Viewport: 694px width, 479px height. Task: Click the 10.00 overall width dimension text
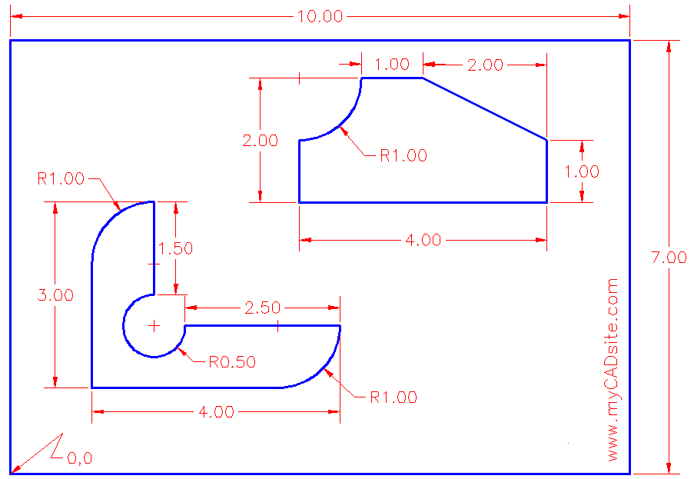[319, 16]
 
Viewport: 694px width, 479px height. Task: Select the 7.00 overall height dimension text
[669, 258]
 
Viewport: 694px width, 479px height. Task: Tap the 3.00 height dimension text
[55, 295]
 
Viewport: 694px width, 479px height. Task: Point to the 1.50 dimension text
[175, 248]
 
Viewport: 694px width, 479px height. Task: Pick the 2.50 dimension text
[262, 308]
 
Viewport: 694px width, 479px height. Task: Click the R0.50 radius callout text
[231, 361]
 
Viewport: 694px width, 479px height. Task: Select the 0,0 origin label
[79, 459]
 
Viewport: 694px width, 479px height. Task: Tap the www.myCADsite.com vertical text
[613, 369]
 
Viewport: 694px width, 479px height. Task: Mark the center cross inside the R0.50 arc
[154, 326]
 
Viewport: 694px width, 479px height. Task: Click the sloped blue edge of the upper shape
[484, 108]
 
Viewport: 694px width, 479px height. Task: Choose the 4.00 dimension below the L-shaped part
[216, 412]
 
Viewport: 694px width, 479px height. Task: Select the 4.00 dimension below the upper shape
[423, 240]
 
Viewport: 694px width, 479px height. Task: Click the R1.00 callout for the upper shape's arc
[403, 155]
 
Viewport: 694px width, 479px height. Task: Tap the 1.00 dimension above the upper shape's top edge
[392, 65]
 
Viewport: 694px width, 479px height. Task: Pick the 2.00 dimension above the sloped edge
[486, 65]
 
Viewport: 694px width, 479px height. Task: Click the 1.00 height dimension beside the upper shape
[582, 171]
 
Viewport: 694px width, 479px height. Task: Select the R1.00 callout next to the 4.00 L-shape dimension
[393, 398]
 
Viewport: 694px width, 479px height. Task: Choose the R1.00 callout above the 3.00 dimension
[61, 178]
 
